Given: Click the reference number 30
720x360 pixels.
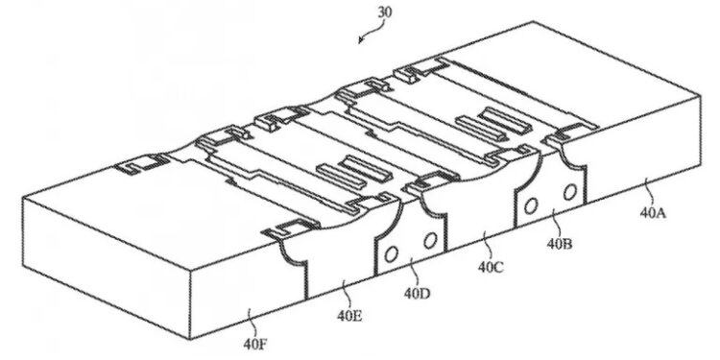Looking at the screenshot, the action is point(385,12).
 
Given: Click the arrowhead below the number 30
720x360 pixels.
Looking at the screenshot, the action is point(361,40).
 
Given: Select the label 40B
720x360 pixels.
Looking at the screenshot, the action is point(560,244).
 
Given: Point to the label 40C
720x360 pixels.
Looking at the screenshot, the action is point(491,268).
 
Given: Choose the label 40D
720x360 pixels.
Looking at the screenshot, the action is point(417,293).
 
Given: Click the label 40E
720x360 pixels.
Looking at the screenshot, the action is point(349,316).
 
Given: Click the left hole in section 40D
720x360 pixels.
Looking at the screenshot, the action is point(391,254).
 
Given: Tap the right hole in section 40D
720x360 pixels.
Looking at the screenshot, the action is point(430,240).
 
